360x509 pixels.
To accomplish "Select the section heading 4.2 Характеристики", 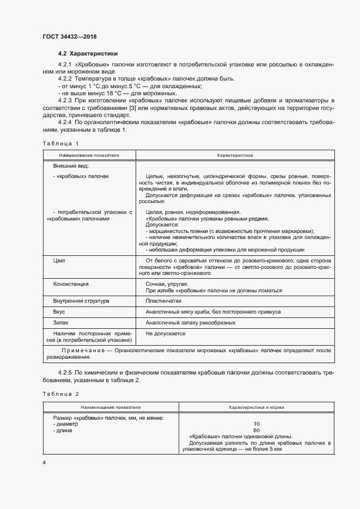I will [87, 54].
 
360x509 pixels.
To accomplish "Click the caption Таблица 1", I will [60, 143].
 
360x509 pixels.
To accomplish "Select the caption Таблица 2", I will [60, 393].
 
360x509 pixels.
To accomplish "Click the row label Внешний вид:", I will [71, 165].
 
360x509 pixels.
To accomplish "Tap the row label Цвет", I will [59, 261].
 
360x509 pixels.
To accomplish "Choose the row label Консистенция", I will [71, 284].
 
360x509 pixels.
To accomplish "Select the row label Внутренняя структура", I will [81, 301].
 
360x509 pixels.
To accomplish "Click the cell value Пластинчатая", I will [163, 301].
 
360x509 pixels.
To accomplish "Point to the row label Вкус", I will [59, 312].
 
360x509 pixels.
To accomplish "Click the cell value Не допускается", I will [166, 333].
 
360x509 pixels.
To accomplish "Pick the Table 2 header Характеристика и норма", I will [255, 407].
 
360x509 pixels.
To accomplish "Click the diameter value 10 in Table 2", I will [257, 424].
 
